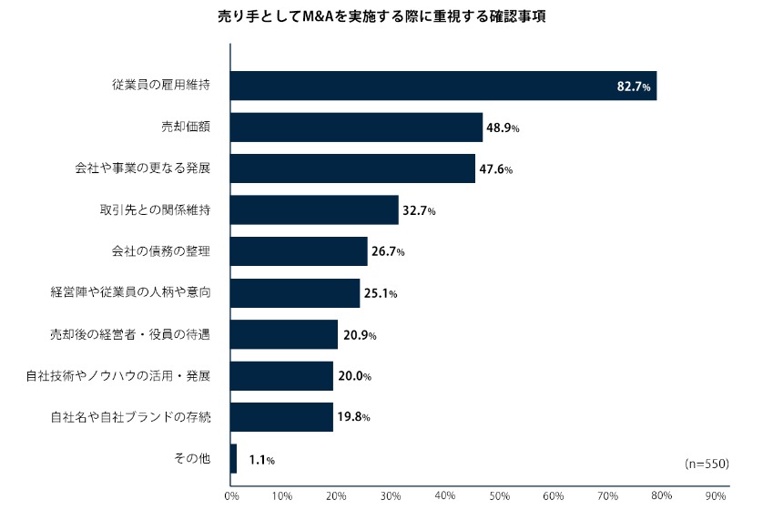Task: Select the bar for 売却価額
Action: click(356, 127)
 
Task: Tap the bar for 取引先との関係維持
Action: click(314, 210)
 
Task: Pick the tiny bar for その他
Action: click(234, 459)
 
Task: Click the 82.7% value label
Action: click(634, 87)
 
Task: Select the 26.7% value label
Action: click(388, 252)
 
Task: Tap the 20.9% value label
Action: click(360, 335)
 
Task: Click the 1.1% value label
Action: click(261, 460)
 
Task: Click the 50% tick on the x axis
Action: click(500, 496)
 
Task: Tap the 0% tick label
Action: click(232, 496)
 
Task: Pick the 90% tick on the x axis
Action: click(715, 496)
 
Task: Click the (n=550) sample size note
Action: click(707, 464)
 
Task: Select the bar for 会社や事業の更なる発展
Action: click(352, 168)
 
